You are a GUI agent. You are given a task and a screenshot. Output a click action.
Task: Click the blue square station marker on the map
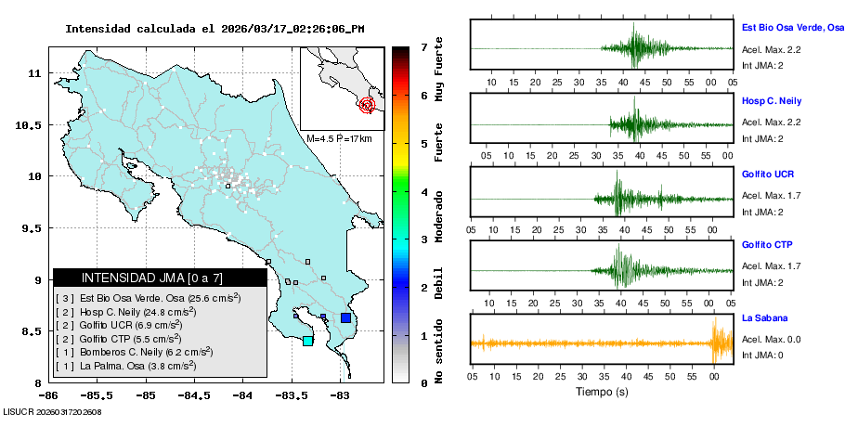[x=345, y=318]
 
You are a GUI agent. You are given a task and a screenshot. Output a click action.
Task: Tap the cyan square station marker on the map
[x=307, y=341]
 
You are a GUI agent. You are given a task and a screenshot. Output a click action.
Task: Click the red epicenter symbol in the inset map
[x=367, y=105]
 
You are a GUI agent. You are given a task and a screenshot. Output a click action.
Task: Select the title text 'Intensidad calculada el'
[x=139, y=29]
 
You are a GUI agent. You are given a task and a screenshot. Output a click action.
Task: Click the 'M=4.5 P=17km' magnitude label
[x=339, y=138]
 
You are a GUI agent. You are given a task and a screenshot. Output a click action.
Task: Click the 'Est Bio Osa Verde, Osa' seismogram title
[x=792, y=28]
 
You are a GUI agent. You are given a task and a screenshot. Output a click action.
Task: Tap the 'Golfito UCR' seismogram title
[x=768, y=174]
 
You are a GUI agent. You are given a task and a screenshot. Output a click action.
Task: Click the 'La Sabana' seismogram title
[x=763, y=317]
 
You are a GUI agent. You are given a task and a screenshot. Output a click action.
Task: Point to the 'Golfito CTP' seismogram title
[x=768, y=245]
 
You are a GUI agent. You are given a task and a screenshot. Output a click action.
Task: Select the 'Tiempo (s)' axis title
[x=602, y=392]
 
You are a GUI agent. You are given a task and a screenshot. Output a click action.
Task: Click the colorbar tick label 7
[x=423, y=45]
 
